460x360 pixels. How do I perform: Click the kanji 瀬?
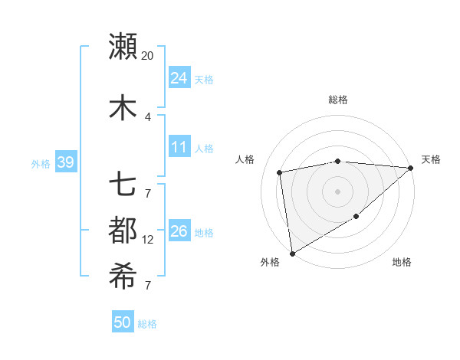(x=123, y=46)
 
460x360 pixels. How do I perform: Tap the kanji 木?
(x=123, y=108)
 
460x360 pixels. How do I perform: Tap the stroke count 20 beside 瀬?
(x=148, y=56)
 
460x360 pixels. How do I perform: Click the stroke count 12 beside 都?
(x=148, y=240)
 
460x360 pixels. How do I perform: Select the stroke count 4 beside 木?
(x=148, y=117)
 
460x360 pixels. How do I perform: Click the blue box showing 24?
(x=179, y=77)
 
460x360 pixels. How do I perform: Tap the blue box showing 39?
(x=65, y=162)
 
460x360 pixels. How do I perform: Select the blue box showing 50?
(x=123, y=322)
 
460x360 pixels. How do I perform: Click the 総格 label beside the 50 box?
(x=147, y=324)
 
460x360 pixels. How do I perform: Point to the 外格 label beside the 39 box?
(x=41, y=163)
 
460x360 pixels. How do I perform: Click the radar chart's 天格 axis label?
(x=431, y=159)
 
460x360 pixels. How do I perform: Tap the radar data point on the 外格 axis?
(x=292, y=254)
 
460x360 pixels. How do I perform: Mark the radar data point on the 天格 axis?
(x=411, y=168)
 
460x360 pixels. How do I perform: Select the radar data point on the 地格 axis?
(x=356, y=218)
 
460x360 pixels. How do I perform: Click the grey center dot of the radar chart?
(x=337, y=191)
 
